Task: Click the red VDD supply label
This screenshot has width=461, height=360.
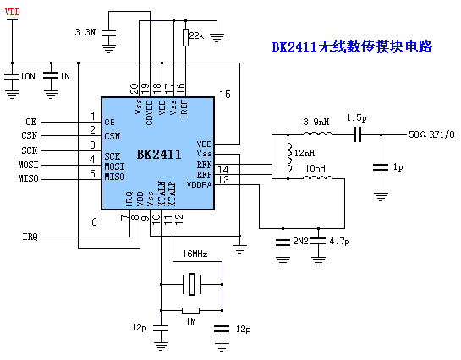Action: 13,12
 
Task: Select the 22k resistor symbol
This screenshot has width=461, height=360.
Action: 185,37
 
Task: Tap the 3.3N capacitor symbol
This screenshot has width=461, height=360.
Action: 108,33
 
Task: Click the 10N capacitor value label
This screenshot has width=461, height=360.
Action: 28,76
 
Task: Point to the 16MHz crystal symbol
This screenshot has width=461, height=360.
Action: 192,284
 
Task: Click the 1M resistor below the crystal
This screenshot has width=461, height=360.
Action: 191,310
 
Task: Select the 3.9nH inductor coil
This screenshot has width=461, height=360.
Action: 317,134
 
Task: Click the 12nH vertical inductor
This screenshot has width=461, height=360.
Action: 289,157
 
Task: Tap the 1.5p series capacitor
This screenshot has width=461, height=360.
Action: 358,134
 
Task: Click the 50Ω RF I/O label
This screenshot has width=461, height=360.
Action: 431,134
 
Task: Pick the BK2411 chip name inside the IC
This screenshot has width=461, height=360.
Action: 159,154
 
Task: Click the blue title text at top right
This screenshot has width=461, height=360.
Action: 352,46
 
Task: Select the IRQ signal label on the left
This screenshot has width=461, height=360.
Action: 30,237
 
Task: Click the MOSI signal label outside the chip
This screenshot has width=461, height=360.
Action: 28,165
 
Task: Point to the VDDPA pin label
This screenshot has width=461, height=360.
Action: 199,185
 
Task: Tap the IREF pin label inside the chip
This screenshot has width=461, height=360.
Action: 184,109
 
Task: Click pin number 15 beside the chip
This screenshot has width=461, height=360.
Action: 225,95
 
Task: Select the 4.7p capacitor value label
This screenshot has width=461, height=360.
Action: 339,242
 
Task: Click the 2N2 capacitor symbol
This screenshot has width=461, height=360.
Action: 283,243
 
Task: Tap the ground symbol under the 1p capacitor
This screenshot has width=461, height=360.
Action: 381,196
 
